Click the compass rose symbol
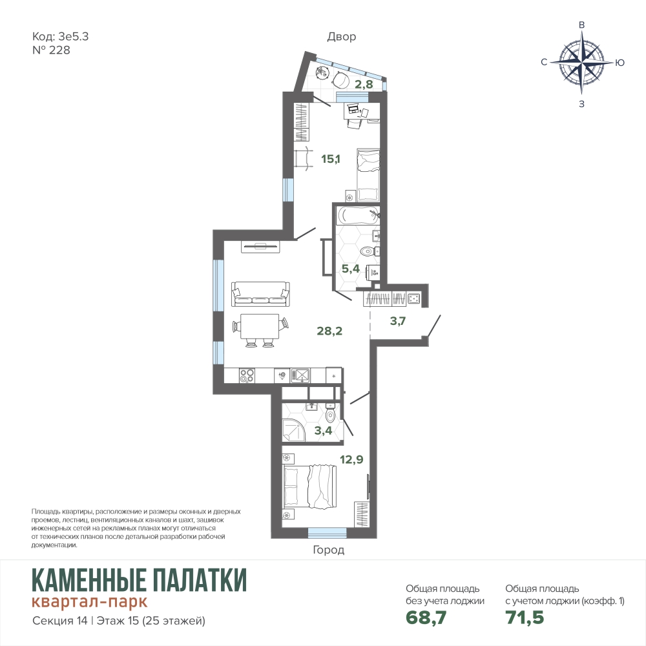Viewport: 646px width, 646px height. [x=581, y=63]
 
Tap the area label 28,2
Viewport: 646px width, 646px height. [x=329, y=331]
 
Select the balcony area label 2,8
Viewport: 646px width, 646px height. [x=364, y=84]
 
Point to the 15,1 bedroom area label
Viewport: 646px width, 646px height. [x=331, y=159]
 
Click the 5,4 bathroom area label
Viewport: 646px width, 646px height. [x=351, y=269]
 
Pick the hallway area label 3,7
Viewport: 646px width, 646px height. [x=398, y=321]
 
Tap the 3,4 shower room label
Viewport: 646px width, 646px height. [x=323, y=431]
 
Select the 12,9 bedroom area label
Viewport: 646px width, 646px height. [x=351, y=459]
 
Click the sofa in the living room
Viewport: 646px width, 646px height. [x=260, y=294]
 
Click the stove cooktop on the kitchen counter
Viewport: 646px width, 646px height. [x=247, y=376]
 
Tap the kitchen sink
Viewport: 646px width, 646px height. [x=301, y=375]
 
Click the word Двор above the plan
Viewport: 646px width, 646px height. [x=342, y=37]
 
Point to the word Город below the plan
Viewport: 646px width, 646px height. [x=328, y=550]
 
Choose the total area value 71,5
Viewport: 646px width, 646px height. [x=525, y=618]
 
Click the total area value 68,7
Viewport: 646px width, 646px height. [x=426, y=618]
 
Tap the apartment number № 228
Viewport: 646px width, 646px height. [x=51, y=50]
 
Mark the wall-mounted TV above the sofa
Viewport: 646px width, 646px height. [x=261, y=246]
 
